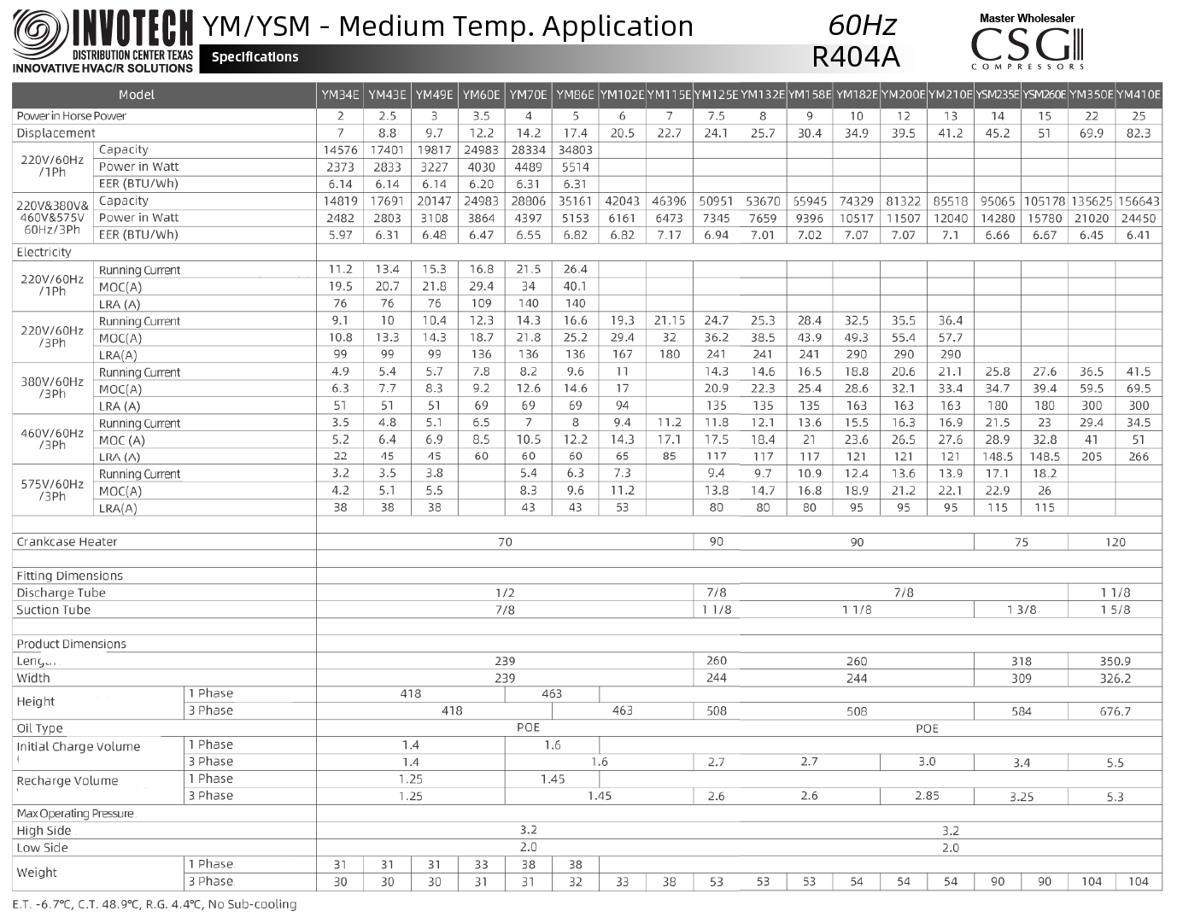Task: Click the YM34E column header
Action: click(340, 95)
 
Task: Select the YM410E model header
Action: click(1139, 95)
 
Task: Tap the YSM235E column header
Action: click(998, 95)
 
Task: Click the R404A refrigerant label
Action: click(856, 56)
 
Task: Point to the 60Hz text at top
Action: click(863, 24)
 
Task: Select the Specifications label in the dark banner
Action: click(255, 57)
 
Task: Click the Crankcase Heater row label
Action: click(67, 542)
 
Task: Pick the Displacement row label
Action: click(56, 133)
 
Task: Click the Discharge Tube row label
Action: click(61, 593)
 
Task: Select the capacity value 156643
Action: click(1139, 202)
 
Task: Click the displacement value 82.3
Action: click(1139, 133)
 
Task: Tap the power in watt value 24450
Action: click(1139, 219)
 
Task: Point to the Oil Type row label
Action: click(39, 728)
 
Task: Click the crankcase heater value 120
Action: click(1116, 542)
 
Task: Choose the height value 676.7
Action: click(1116, 711)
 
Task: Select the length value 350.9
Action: click(1116, 661)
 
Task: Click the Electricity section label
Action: click(44, 253)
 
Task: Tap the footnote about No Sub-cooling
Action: click(155, 904)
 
